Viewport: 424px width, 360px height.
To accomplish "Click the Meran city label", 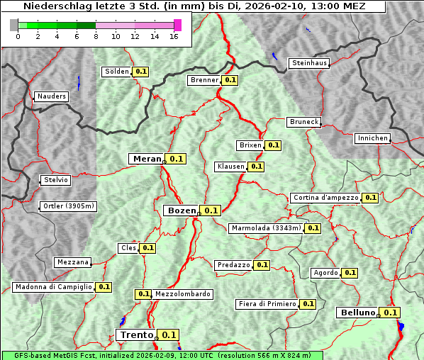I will click(x=147, y=159).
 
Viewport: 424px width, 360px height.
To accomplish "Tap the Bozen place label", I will click(x=181, y=210).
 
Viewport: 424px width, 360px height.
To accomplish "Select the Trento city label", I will click(x=136, y=335).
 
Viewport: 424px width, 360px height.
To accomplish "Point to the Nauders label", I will click(x=51, y=96).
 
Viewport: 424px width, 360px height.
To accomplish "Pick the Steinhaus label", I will click(x=310, y=63).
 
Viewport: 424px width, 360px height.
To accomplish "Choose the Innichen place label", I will click(x=372, y=138).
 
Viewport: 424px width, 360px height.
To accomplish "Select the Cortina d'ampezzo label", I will click(x=325, y=198).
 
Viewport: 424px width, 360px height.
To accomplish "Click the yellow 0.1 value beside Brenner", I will click(x=230, y=80).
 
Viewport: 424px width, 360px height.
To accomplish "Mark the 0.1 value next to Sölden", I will click(x=141, y=72).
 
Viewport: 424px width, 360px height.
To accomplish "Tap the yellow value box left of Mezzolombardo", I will click(x=143, y=294).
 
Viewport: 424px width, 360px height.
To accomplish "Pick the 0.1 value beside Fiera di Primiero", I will click(x=308, y=304).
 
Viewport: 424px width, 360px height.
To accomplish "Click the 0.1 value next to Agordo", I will click(x=350, y=273).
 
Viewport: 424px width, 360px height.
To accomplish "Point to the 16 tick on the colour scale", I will click(x=174, y=36).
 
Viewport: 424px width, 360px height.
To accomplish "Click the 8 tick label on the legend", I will click(x=96, y=36).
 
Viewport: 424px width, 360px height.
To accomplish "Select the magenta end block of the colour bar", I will click(x=177, y=25).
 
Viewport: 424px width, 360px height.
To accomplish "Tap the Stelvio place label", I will click(x=56, y=180).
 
